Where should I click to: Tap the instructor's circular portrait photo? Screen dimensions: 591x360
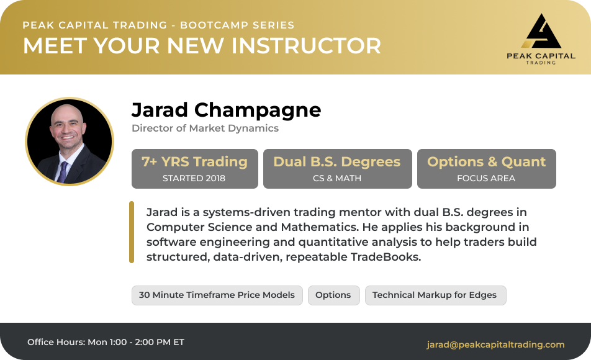[x=70, y=142]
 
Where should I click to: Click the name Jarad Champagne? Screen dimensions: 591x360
[x=226, y=110]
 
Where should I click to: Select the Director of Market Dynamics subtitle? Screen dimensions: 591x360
[x=205, y=128]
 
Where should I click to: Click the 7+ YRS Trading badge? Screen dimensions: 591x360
[x=195, y=168]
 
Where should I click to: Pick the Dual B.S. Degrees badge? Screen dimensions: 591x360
[x=337, y=168]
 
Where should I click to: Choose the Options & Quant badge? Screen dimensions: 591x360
[x=486, y=168]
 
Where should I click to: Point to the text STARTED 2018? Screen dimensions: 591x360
[x=194, y=178]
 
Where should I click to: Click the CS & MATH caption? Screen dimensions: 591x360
[x=337, y=178]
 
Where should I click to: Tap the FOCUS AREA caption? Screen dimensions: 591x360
[x=486, y=178]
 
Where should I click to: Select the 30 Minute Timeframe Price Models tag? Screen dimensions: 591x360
[x=217, y=295]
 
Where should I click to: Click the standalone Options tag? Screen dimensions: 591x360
[x=333, y=295]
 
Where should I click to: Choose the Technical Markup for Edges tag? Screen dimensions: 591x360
[x=435, y=295]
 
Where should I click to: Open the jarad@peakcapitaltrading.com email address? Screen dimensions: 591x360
[x=495, y=344]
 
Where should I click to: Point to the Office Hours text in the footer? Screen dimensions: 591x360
[x=106, y=342]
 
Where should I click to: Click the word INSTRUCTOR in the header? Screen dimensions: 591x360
[x=306, y=45]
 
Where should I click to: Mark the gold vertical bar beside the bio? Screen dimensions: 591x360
[x=132, y=232]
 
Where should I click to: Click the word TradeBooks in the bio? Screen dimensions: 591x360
[x=386, y=257]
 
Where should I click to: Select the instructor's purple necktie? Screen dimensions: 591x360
[x=63, y=171]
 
